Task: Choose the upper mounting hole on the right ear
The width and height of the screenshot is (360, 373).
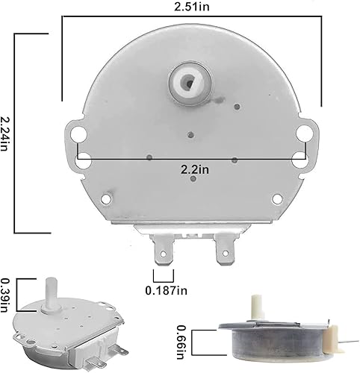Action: tap(303, 133)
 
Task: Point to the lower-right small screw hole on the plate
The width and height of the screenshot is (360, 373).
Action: tap(277, 198)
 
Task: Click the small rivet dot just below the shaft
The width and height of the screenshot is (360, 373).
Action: tap(192, 135)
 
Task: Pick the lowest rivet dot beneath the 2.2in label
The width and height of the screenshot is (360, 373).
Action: tap(193, 178)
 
